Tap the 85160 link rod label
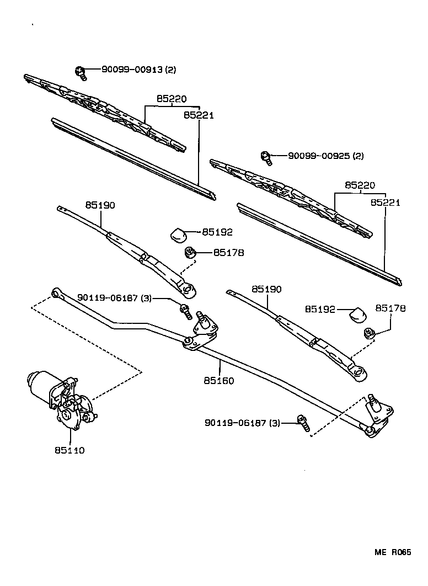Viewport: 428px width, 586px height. point(218,381)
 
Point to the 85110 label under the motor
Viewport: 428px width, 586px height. point(69,450)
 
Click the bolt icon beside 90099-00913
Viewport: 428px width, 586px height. point(81,70)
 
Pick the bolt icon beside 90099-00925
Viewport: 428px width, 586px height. point(267,157)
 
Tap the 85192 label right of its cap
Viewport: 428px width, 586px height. point(217,232)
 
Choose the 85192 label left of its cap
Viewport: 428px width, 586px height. point(320,310)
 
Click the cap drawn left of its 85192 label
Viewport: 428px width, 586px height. point(178,234)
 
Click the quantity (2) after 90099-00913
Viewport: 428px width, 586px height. point(170,70)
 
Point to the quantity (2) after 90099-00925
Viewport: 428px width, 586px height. point(357,156)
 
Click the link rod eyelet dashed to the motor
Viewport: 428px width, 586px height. point(56,292)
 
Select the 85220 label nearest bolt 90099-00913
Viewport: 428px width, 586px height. point(172,99)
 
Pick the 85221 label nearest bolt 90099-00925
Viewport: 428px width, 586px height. point(385,203)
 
